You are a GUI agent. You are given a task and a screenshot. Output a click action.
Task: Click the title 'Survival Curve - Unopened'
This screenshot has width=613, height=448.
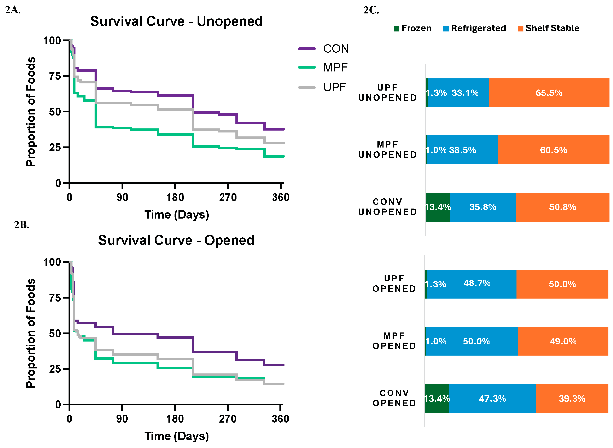pyautogui.click(x=176, y=21)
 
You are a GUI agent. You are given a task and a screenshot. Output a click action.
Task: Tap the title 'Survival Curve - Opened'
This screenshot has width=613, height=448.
pyautogui.click(x=176, y=240)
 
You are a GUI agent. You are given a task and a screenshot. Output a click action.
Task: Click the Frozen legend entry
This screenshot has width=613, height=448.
pyautogui.click(x=413, y=28)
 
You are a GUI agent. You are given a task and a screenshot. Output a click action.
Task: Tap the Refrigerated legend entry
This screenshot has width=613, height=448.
pyautogui.click(x=474, y=28)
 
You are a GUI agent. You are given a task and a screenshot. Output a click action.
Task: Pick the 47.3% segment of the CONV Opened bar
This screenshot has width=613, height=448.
pyautogui.click(x=492, y=399)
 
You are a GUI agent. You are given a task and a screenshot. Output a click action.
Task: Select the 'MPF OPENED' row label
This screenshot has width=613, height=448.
pyautogui.click(x=394, y=341)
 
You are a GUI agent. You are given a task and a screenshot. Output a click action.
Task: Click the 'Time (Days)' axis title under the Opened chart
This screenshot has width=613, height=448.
pyautogui.click(x=176, y=436)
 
